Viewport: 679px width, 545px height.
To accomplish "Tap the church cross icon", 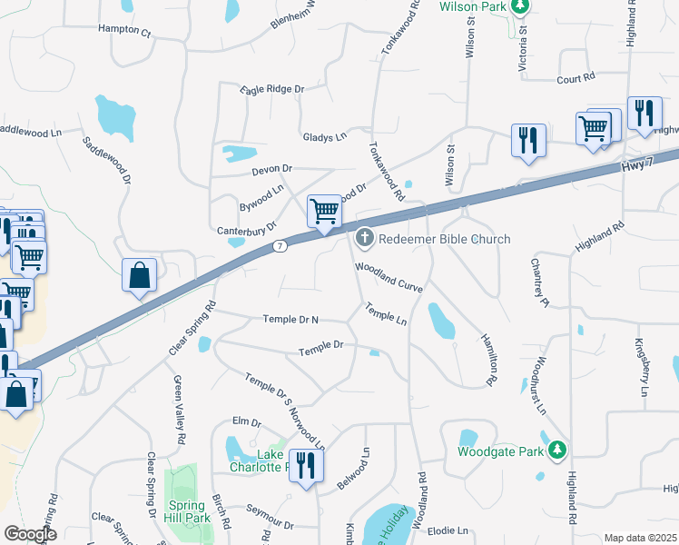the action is point(365,239).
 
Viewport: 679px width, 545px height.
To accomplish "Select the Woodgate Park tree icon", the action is point(558,450).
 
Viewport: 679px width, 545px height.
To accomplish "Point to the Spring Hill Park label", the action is point(189,510).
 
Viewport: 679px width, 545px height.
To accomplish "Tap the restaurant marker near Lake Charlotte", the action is point(306,467).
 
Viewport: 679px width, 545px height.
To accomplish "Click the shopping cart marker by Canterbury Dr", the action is point(324,212).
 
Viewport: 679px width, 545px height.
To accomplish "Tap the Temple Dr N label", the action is point(290,319).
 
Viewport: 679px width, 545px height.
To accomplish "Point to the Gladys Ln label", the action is point(325,137).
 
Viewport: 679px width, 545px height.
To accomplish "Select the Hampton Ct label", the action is point(123,30).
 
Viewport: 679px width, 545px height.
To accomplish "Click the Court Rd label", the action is point(575,79).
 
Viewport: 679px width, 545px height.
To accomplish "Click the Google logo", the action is point(31,534).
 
